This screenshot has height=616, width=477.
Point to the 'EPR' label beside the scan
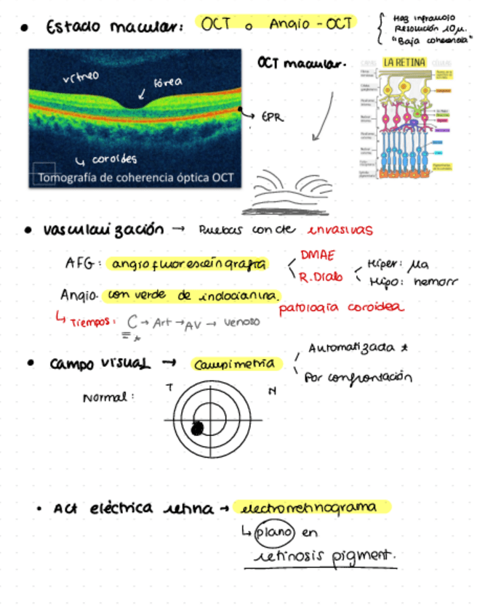click(x=273, y=115)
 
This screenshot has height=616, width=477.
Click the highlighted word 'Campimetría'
click(x=233, y=364)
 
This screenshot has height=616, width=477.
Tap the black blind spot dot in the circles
click(x=196, y=429)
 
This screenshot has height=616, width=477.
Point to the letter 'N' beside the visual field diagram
click(x=272, y=392)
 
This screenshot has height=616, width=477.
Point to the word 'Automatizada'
click(x=352, y=348)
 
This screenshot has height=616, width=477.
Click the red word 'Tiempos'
click(x=92, y=320)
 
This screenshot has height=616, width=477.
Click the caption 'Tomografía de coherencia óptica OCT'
click(x=135, y=177)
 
